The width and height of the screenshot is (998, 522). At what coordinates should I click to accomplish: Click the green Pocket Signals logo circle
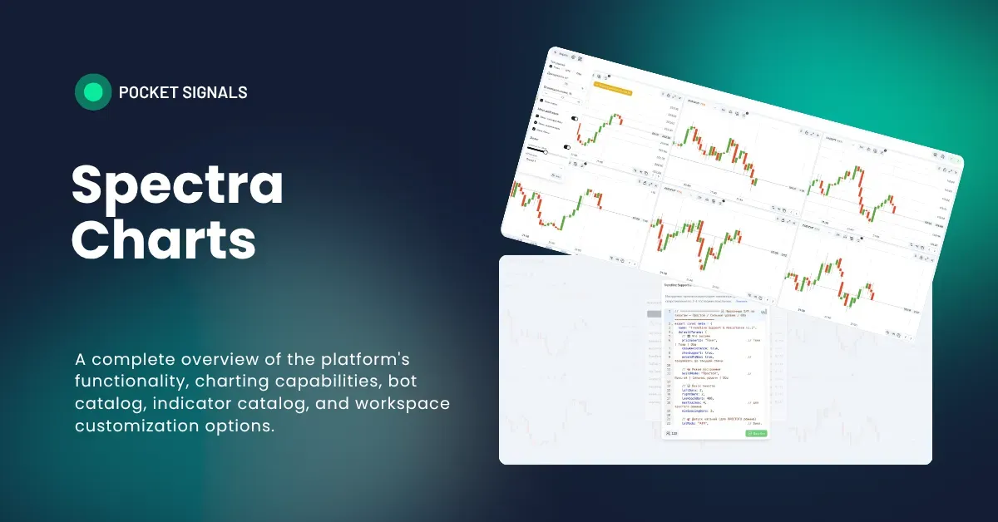click(93, 92)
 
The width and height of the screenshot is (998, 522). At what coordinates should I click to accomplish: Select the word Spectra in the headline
click(177, 185)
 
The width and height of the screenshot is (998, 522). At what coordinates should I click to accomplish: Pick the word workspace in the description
click(403, 404)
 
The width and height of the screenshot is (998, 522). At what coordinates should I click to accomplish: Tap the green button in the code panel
click(756, 433)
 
